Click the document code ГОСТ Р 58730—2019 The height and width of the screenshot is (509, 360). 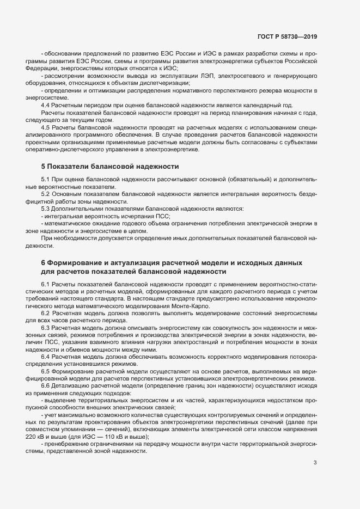(287, 37)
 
